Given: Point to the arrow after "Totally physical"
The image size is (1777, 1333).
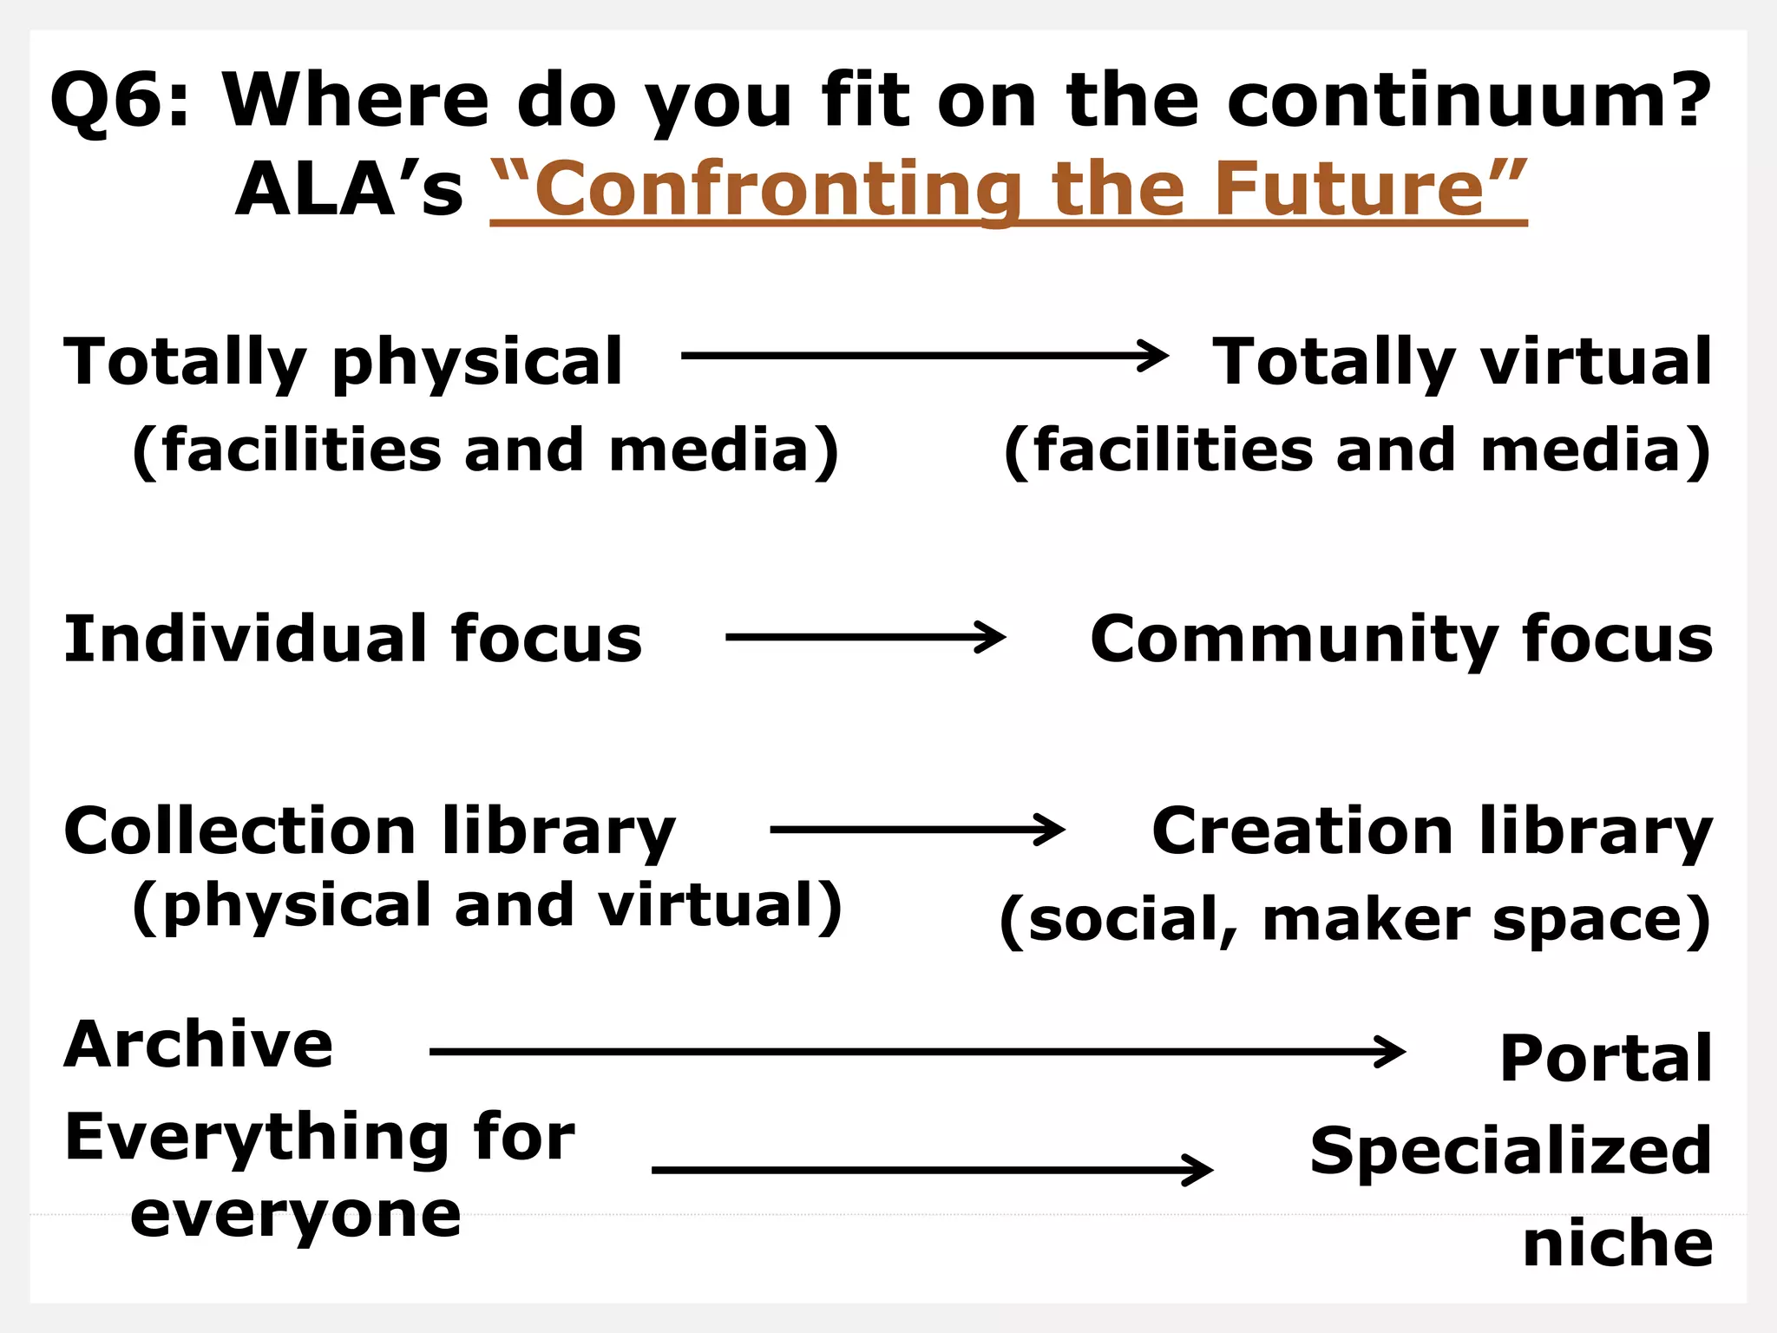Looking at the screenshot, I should pyautogui.click(x=924, y=356).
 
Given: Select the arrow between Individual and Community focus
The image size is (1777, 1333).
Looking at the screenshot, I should pyautogui.click(x=865, y=638).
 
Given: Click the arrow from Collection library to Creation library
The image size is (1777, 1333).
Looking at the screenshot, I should pyautogui.click(x=917, y=830).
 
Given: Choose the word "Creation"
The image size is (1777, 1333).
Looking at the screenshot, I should pyautogui.click(x=1302, y=831).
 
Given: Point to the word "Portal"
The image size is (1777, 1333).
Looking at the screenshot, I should pyautogui.click(x=1606, y=1058).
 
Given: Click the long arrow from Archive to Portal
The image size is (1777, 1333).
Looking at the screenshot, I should pyautogui.click(x=917, y=1052).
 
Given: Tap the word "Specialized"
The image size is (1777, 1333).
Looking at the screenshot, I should pyautogui.click(x=1511, y=1151).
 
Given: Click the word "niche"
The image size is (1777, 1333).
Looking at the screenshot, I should pyautogui.click(x=1618, y=1244).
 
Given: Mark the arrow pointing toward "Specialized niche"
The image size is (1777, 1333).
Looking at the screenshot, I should pyautogui.click(x=932, y=1170).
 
